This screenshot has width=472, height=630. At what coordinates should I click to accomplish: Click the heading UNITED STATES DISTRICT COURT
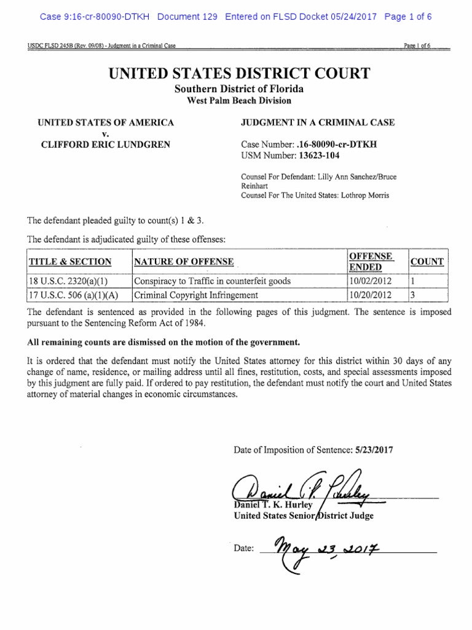(240, 74)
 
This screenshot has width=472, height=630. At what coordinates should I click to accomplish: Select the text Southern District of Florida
(240, 89)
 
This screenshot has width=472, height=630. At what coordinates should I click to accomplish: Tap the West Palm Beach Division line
(240, 100)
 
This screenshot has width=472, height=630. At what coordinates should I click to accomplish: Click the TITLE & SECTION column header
(70, 261)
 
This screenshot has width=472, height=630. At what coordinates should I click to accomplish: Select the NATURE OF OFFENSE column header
(184, 261)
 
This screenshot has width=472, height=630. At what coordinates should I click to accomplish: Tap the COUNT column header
(427, 261)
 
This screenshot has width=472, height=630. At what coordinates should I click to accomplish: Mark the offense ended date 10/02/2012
(369, 281)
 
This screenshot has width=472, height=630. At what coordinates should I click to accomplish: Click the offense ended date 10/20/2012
(369, 295)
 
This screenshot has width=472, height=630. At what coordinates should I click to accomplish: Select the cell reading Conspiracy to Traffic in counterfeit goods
(213, 281)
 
